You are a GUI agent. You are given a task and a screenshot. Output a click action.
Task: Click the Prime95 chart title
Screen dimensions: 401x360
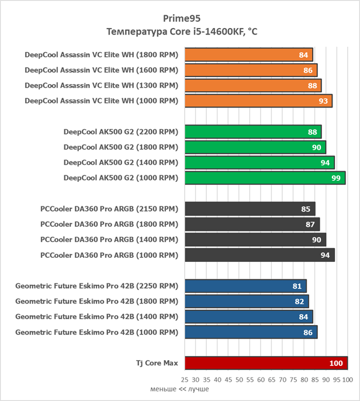[179, 18]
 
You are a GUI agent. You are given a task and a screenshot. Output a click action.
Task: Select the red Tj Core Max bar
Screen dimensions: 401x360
[266, 363]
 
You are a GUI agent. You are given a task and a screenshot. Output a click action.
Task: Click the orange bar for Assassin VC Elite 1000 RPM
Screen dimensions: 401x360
[258, 101]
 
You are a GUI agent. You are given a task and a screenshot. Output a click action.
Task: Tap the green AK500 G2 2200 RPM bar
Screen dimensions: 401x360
[252, 132]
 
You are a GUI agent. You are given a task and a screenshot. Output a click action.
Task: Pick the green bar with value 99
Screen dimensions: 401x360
[265, 177]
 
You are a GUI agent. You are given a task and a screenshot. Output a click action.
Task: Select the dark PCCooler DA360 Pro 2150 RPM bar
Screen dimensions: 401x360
[250, 209]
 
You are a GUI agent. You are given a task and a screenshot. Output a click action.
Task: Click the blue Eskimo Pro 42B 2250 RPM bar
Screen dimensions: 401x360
[245, 286]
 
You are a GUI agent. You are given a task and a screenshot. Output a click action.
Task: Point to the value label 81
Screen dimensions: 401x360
[297, 286]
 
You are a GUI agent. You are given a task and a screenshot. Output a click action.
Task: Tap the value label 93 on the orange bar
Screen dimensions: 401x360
[323, 101]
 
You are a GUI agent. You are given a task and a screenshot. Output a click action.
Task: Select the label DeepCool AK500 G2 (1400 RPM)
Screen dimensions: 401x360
[120, 162]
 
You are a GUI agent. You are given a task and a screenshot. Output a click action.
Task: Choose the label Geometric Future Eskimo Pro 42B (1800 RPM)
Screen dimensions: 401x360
[96, 301]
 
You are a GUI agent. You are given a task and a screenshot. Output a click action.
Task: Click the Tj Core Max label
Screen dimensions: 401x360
[153, 363]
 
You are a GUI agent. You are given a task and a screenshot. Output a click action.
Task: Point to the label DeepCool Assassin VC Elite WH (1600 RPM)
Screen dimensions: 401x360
[101, 70]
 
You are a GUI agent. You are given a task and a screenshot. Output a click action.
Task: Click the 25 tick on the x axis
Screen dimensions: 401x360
[185, 379]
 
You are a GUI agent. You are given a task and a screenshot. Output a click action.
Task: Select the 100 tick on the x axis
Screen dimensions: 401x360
[347, 379]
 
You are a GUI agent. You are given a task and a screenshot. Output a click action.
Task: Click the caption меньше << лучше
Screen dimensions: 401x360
[179, 389]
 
